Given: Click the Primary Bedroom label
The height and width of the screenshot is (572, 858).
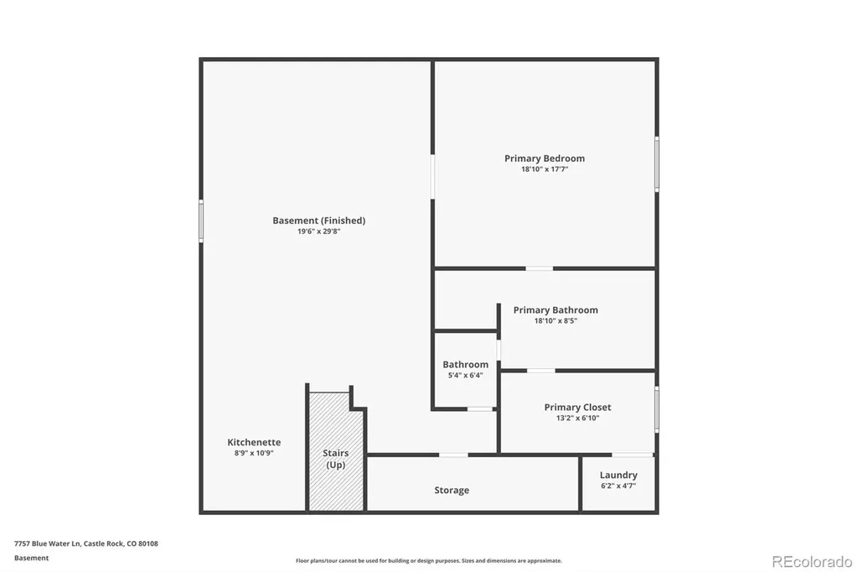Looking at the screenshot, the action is (545, 159).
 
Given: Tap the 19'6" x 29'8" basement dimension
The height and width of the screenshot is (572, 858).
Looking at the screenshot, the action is (319, 231).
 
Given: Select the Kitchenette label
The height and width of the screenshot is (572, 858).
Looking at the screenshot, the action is (254, 442).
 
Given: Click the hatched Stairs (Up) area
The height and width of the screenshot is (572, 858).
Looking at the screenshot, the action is (335, 452).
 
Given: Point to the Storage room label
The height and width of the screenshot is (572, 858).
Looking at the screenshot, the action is (452, 491).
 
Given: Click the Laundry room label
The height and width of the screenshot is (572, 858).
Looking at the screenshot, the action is (618, 475).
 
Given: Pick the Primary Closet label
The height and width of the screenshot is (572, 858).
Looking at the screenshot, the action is (577, 407).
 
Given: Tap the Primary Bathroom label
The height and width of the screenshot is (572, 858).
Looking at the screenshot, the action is (556, 310).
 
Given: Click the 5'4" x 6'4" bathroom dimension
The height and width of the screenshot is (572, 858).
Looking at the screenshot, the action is (466, 375).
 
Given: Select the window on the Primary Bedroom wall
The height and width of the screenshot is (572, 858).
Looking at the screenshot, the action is (657, 164).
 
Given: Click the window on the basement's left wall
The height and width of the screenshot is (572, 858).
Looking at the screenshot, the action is (201, 221).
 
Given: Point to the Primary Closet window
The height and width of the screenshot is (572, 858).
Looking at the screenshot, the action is (657, 408).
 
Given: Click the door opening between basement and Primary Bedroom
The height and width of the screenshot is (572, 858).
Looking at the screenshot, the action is (432, 176).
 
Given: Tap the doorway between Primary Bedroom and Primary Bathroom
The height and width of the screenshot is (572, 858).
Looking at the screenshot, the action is (539, 268).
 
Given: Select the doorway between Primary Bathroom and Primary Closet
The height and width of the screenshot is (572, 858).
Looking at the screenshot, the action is (540, 371).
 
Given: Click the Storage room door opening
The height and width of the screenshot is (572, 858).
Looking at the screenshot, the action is (453, 455).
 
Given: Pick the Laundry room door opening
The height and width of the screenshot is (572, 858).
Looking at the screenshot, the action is (633, 455).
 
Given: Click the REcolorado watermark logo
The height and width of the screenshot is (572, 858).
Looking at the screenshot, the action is (812, 562).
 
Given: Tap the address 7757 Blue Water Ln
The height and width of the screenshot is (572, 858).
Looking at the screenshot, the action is (48, 543).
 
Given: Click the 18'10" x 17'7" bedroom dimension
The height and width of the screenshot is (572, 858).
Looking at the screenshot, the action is (545, 169).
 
